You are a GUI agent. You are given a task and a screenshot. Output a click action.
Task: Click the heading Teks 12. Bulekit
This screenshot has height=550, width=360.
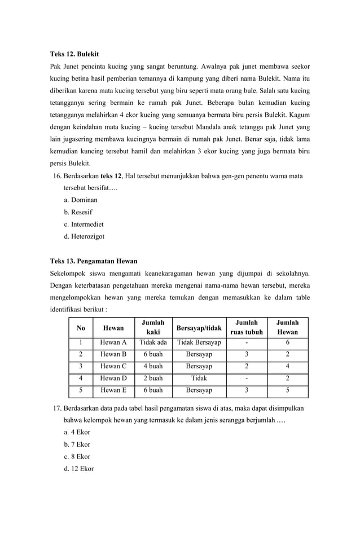tap(74, 54)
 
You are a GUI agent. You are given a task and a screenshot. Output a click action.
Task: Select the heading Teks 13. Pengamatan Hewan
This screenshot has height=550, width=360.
tap(94, 261)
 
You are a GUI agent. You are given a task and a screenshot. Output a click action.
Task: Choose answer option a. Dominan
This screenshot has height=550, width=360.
tap(80, 200)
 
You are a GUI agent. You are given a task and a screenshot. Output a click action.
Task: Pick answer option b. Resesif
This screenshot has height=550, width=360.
tap(78, 212)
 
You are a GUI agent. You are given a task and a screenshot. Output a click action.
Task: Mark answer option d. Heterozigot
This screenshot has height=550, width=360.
tap(84, 237)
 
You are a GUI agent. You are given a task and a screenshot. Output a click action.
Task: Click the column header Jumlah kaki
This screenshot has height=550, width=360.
tap(153, 327)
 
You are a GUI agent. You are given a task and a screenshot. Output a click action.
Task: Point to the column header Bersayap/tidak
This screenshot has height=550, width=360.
tap(199, 328)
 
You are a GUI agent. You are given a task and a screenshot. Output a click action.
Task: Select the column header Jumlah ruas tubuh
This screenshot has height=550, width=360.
tap(246, 327)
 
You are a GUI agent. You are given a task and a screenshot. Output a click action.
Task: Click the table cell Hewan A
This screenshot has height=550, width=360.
tap(113, 342)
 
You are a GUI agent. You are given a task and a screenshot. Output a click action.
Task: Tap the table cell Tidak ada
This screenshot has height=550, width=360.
tap(153, 342)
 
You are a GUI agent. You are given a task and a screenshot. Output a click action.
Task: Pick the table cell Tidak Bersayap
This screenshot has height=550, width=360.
tap(199, 342)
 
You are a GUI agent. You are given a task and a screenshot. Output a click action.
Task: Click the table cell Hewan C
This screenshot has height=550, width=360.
tap(113, 367)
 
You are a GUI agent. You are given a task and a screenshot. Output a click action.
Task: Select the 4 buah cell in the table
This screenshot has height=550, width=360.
tap(153, 367)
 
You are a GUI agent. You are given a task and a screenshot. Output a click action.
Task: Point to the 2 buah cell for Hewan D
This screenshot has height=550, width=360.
tap(153, 379)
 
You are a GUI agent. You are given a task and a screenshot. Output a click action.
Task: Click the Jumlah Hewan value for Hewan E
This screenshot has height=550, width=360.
tap(287, 390)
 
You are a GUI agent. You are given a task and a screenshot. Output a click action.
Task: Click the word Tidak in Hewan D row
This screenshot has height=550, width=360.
tap(199, 379)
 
